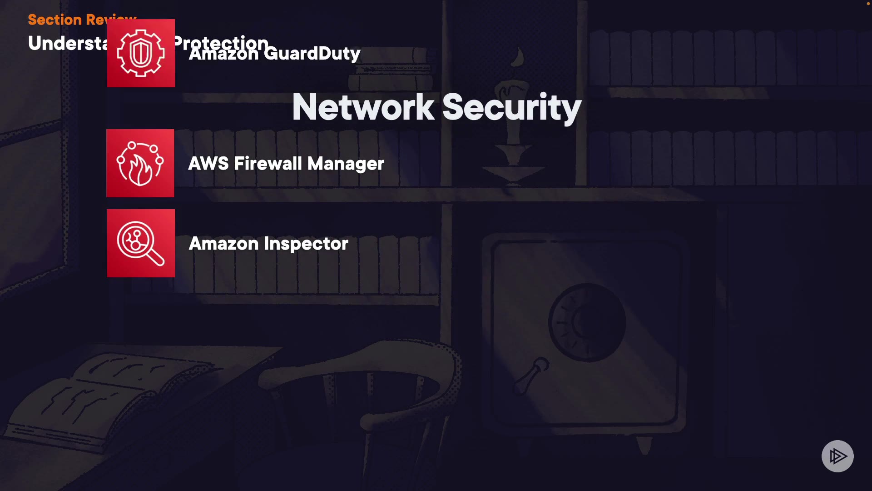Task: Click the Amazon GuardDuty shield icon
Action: (x=141, y=53)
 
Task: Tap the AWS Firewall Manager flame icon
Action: (x=140, y=163)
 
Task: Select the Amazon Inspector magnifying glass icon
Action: (x=141, y=243)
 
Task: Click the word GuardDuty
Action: (x=312, y=54)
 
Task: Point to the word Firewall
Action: (x=268, y=164)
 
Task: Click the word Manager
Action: (x=346, y=164)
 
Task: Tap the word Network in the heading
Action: (x=363, y=107)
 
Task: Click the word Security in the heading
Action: (x=511, y=107)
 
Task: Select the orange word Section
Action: (x=54, y=20)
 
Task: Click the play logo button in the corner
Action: (x=837, y=456)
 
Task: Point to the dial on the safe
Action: (x=587, y=322)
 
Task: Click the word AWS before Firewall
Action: (x=208, y=164)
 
